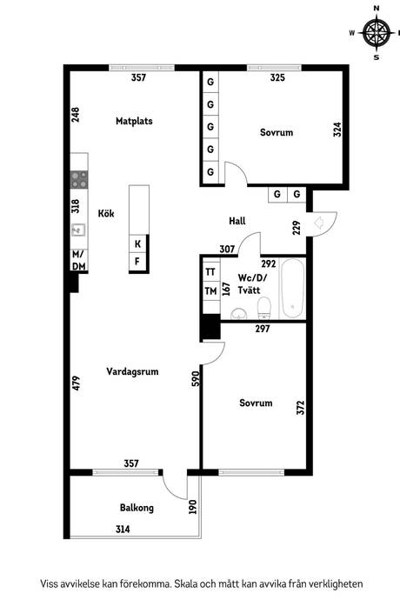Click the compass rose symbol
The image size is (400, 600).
tap(376, 33)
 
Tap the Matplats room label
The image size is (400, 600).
tap(134, 122)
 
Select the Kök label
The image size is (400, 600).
tap(106, 213)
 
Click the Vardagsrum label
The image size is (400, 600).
tap(131, 370)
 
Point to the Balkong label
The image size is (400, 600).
tap(137, 508)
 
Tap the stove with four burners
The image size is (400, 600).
tap(78, 179)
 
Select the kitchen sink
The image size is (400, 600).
tap(77, 230)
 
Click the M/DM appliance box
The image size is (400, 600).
tap(78, 260)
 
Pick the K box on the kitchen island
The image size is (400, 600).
tap(137, 243)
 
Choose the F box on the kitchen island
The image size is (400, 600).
tap(137, 261)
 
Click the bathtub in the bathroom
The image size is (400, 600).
tap(292, 288)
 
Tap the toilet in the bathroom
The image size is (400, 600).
tap(267, 307)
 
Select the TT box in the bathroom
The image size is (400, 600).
tap(210, 272)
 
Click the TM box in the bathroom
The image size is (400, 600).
tap(210, 291)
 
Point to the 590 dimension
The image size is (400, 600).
tap(196, 378)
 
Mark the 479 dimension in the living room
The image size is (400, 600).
tap(77, 383)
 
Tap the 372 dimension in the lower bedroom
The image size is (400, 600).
tap(299, 408)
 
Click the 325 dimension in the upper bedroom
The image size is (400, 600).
tap(277, 78)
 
